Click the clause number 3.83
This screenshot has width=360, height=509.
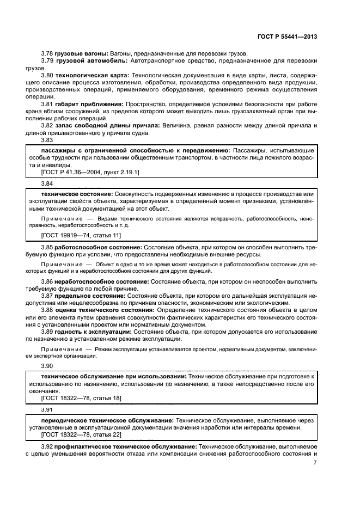47,140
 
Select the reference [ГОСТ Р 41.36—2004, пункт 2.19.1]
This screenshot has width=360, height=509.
90,172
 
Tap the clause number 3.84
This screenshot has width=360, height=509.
47,183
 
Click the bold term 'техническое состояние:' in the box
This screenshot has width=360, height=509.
77,194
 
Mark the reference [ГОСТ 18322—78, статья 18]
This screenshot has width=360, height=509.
81,398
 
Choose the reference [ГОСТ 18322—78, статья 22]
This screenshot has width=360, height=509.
81,434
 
